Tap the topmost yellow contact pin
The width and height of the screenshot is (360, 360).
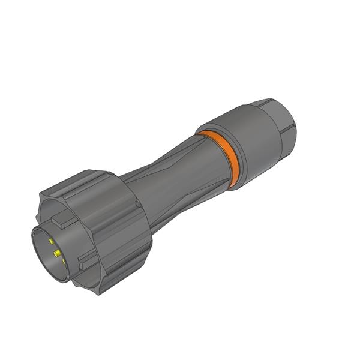coord(52,241)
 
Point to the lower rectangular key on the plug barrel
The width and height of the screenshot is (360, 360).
coord(88,261)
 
